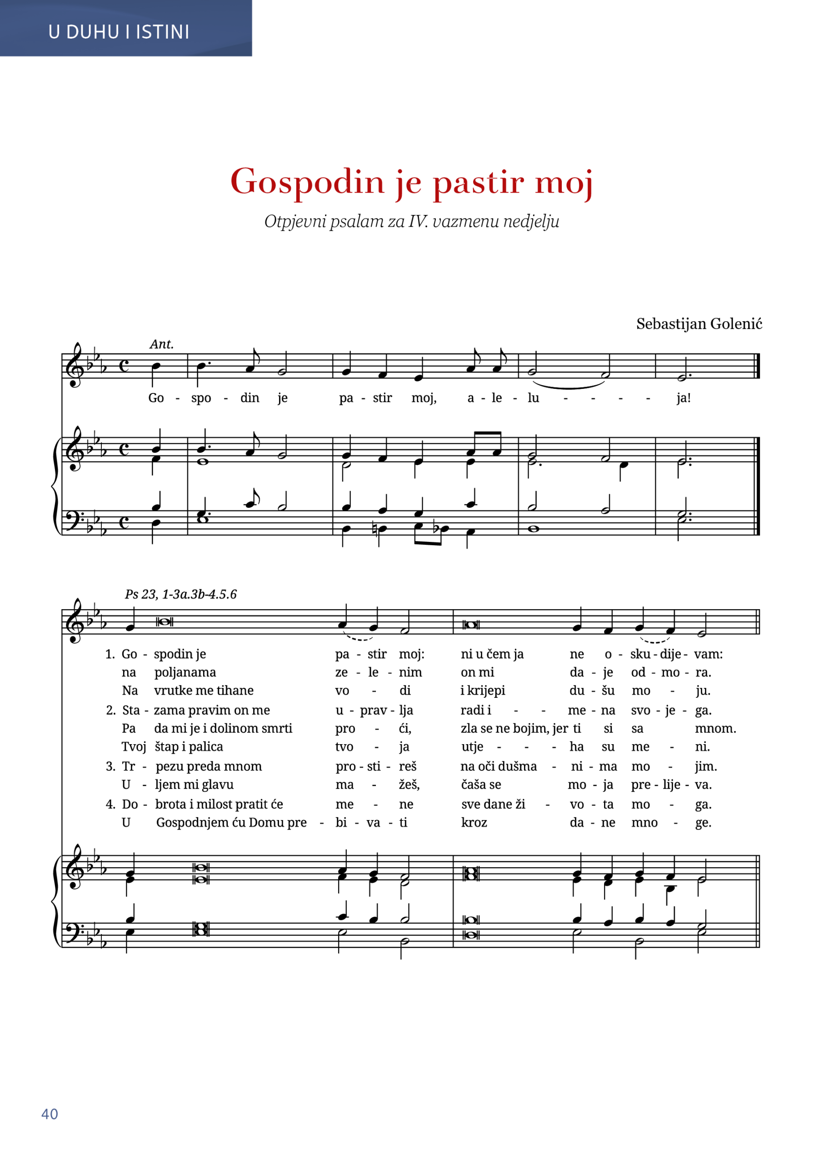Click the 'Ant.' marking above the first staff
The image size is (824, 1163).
point(161,344)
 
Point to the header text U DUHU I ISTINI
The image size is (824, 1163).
point(119,32)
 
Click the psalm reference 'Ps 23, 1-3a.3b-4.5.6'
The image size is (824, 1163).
point(180,594)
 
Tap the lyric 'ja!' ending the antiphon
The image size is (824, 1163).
point(684,398)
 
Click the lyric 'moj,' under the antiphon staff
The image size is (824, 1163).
point(424,398)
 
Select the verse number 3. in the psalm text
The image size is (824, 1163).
point(110,766)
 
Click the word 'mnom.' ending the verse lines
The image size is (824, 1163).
point(715,728)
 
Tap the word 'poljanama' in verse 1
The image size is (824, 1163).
point(185,672)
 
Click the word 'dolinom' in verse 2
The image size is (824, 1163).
point(232,728)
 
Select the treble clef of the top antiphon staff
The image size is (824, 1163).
point(76,365)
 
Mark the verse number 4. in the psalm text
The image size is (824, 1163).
point(110,804)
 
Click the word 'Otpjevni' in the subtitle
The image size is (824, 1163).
point(296,222)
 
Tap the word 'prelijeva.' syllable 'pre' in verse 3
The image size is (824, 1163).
point(640,785)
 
